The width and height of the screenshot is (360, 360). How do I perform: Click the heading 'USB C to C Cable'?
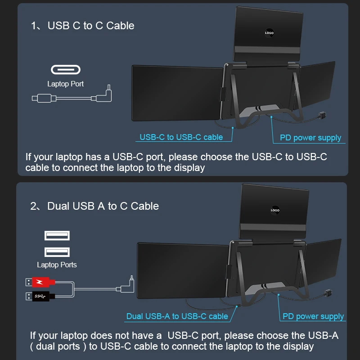tap(91, 26)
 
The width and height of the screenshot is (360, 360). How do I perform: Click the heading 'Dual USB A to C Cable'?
tap(103, 206)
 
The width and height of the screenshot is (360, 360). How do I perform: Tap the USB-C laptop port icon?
tap(66, 70)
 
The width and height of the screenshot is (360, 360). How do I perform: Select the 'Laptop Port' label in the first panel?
tap(66, 84)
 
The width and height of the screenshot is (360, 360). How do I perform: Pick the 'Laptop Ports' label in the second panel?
tap(57, 265)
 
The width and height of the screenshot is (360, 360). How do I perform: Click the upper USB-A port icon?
tap(57, 235)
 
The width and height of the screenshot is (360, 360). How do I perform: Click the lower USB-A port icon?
tap(57, 252)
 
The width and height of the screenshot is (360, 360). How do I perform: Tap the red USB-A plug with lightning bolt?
tap(40, 283)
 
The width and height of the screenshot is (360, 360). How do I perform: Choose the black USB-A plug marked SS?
tap(40, 296)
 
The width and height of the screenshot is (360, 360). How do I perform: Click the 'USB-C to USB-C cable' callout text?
tap(181, 137)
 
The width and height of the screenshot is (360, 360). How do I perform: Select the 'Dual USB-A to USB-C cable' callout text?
tap(177, 316)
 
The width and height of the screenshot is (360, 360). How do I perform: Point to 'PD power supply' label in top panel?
tap(310, 138)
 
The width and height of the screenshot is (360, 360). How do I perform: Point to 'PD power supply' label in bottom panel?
tap(313, 316)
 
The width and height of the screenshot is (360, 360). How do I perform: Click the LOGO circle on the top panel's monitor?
tap(269, 33)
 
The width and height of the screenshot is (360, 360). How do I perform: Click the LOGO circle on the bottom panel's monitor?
tap(275, 210)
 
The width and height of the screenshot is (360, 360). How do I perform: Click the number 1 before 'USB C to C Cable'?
tap(33, 26)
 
